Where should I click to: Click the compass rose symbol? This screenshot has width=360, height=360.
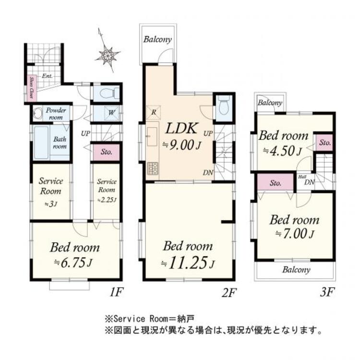coord(108,54)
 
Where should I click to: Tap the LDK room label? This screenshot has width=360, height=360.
coord(181,129)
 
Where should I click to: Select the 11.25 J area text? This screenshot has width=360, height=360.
coord(188,264)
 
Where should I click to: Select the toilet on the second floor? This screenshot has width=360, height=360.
coord(222,108)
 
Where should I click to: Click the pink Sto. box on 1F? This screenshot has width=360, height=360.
coord(106,152)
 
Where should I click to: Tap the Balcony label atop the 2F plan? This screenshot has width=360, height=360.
coord(157,40)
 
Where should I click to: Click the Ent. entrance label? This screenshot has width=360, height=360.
coord(47,76)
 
